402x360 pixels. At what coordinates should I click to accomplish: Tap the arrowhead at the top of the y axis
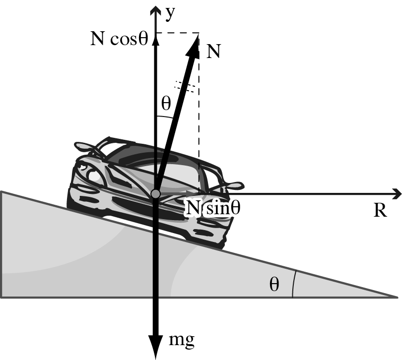click(x=155, y=10)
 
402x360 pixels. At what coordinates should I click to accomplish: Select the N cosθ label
click(x=120, y=39)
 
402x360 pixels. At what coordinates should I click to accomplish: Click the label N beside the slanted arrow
click(x=213, y=52)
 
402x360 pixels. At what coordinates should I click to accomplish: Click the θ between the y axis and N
click(x=166, y=104)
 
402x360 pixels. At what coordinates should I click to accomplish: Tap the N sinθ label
click(x=213, y=208)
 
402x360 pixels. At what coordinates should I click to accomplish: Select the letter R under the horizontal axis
click(x=380, y=210)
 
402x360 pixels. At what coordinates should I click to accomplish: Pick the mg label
click(x=182, y=341)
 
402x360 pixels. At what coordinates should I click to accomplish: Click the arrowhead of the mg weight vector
click(x=156, y=347)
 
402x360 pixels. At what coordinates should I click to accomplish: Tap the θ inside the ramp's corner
click(x=274, y=284)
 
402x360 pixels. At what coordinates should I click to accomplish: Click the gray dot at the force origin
click(x=155, y=194)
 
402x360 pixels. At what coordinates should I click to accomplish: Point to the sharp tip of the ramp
click(x=397, y=297)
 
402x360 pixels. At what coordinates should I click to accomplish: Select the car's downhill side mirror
click(x=233, y=185)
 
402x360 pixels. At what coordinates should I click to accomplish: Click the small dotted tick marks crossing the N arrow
click(x=187, y=86)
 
